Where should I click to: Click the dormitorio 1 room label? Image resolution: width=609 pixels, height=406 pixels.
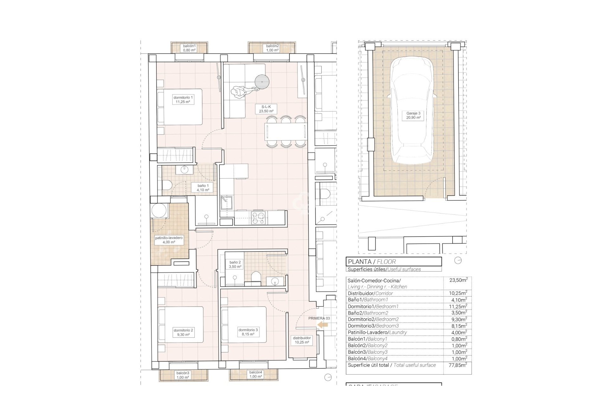[183, 100]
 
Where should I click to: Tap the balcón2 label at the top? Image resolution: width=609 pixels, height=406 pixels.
[272, 48]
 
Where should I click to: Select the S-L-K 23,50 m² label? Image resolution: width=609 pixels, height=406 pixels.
[266, 109]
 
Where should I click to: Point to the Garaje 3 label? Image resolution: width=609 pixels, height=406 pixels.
[413, 115]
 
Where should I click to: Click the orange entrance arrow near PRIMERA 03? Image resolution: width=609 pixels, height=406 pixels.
[323, 324]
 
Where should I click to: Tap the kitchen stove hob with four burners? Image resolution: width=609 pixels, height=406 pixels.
[258, 218]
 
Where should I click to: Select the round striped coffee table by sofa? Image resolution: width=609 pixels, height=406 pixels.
[262, 82]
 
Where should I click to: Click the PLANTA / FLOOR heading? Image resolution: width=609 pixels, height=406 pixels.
[372, 262]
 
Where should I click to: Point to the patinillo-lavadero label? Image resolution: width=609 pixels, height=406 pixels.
[168, 240]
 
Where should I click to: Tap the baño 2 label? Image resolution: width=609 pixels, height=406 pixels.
[235, 264]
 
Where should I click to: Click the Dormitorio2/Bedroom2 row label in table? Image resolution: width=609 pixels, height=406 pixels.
[373, 319]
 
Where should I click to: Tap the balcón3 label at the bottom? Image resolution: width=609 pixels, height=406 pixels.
[183, 375]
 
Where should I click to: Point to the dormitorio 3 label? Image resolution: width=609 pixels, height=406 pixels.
[248, 332]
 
